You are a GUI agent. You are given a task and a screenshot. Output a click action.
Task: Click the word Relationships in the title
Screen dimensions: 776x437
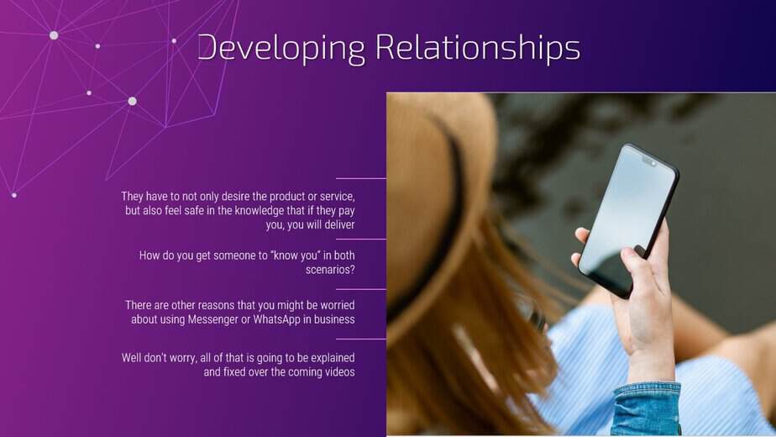[478, 48]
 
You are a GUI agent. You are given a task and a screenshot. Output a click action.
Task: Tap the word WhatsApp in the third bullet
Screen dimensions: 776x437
[276, 319]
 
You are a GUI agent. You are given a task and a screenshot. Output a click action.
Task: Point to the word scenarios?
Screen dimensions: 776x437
[330, 270]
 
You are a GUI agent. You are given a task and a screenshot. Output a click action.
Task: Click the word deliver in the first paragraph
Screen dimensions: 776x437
[339, 225]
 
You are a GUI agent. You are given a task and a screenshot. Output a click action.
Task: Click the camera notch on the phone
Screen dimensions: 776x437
[649, 161]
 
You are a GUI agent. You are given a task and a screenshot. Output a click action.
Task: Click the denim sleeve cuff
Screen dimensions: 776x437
[647, 409]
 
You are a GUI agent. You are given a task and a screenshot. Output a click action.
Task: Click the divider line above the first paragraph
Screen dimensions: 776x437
[361, 178]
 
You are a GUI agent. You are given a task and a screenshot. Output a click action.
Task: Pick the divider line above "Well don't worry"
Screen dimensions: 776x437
[361, 339]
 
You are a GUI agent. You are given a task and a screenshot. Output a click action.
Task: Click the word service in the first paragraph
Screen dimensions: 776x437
[338, 196]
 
